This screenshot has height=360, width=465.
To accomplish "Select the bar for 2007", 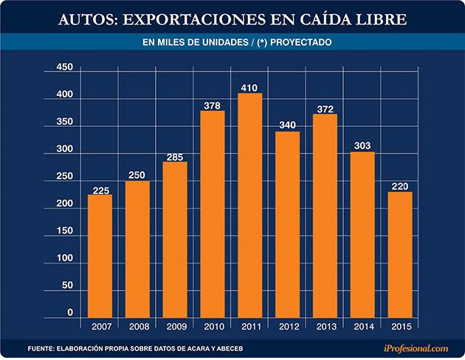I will [x=100, y=255].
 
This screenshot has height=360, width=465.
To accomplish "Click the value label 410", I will [x=250, y=89].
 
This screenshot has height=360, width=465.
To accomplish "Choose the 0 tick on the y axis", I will [x=70, y=314].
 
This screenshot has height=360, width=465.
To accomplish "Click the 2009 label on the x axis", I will [x=175, y=325].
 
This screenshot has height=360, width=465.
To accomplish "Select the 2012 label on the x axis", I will [x=288, y=325].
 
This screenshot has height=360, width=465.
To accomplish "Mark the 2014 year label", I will [x=363, y=325].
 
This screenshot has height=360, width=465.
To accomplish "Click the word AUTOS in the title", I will [x=87, y=18].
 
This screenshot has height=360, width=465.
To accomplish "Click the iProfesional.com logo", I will [x=416, y=347].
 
